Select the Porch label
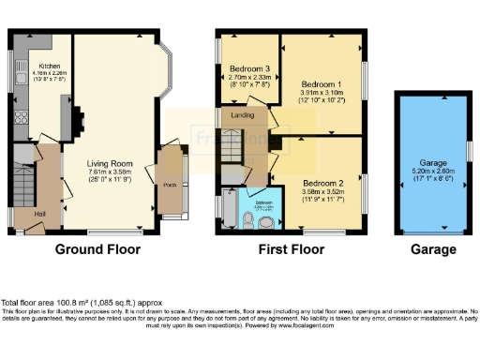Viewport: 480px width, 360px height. (170, 185)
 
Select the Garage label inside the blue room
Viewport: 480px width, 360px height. (432, 162)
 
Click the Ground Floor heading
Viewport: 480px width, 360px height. (97, 249)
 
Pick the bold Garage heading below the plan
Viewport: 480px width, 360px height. (434, 249)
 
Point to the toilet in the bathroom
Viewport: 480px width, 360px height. (247, 219)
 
